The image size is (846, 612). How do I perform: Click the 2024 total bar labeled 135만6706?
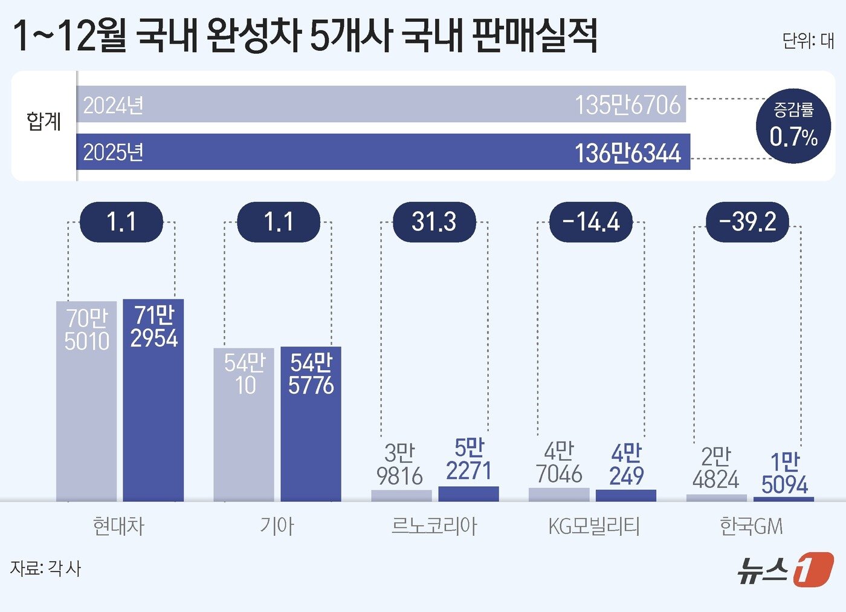point(381,104)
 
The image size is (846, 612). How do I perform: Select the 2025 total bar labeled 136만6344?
point(383,152)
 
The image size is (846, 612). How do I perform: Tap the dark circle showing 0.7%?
point(793,126)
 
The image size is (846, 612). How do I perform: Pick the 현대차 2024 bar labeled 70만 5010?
point(86,400)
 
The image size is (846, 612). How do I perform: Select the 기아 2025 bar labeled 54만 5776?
point(311,423)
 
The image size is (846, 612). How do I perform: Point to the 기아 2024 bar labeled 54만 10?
point(244,424)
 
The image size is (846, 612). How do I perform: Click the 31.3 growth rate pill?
point(434,222)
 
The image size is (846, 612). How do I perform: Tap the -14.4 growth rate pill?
point(590,222)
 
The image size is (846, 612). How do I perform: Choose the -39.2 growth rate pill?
point(748,222)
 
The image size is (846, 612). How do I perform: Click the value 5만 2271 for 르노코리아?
point(469,460)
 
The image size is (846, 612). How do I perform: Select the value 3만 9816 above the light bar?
point(399,464)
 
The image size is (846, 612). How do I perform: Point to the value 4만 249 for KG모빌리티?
point(626,464)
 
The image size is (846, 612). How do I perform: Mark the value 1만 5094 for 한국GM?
point(784,473)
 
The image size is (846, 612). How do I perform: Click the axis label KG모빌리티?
point(593,526)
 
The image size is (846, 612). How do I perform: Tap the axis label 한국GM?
point(751,526)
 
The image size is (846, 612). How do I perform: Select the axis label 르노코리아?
point(434,526)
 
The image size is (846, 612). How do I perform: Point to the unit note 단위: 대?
point(807,41)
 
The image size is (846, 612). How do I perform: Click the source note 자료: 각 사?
point(45,568)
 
